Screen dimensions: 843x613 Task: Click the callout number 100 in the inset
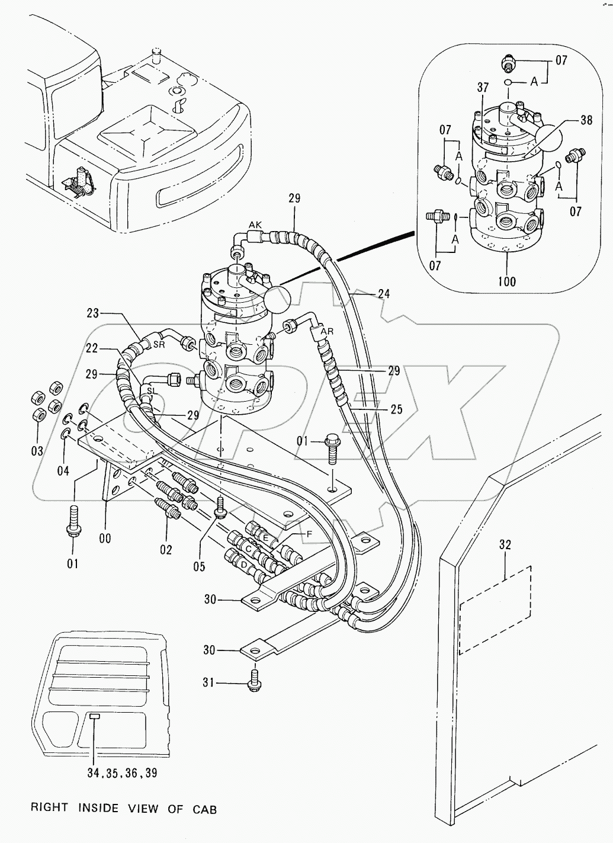pyautogui.click(x=507, y=281)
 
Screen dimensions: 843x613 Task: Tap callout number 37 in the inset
pyautogui.click(x=483, y=88)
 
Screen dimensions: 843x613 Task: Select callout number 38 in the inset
pyautogui.click(x=586, y=120)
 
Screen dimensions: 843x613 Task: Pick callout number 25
pyautogui.click(x=396, y=409)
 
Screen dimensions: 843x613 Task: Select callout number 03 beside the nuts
pyautogui.click(x=37, y=451)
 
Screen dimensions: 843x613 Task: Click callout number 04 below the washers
pyautogui.click(x=63, y=471)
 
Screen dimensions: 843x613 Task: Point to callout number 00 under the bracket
pyautogui.click(x=105, y=539)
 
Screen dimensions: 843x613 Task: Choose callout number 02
pyautogui.click(x=166, y=550)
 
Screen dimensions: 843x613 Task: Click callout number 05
pyautogui.click(x=198, y=567)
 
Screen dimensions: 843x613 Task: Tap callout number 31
pyautogui.click(x=208, y=683)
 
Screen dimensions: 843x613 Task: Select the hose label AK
pyautogui.click(x=255, y=225)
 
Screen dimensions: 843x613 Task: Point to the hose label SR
pyautogui.click(x=159, y=345)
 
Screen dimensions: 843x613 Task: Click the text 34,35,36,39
pyautogui.click(x=121, y=774)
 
